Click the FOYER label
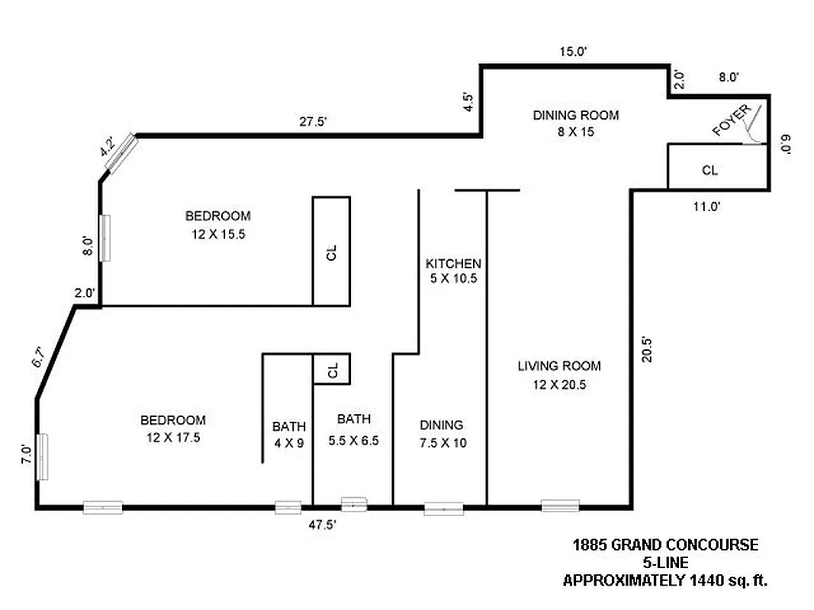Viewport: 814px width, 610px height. click(x=732, y=120)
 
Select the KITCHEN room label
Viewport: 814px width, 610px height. click(x=453, y=271)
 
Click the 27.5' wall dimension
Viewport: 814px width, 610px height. click(x=313, y=120)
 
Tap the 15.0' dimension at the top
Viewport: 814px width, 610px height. click(x=572, y=52)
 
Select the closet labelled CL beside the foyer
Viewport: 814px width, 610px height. click(x=709, y=170)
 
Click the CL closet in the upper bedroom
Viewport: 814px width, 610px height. click(x=331, y=252)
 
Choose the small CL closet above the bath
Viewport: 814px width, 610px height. click(x=332, y=370)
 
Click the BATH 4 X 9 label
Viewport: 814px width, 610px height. click(x=288, y=434)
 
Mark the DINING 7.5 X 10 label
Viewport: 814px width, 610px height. click(x=441, y=434)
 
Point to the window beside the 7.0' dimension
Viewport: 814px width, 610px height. click(x=43, y=456)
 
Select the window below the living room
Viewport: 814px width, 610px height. click(x=560, y=506)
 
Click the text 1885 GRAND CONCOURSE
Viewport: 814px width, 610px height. click(x=665, y=545)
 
